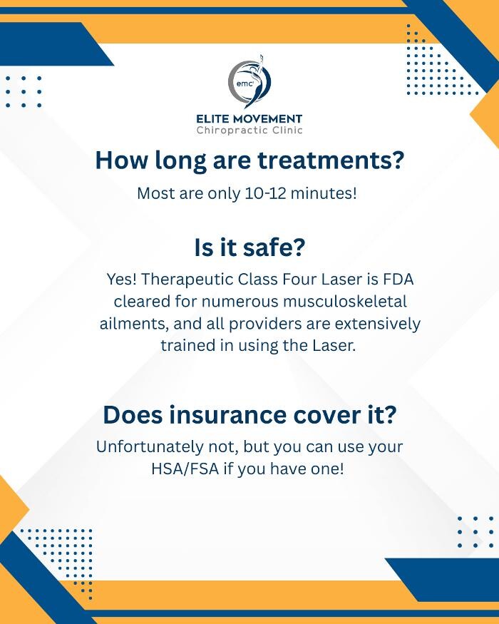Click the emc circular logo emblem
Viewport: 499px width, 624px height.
click(249, 83)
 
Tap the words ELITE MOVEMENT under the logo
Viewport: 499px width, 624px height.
click(249, 118)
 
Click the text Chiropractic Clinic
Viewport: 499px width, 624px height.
click(249, 131)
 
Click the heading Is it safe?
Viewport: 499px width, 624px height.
click(249, 248)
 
